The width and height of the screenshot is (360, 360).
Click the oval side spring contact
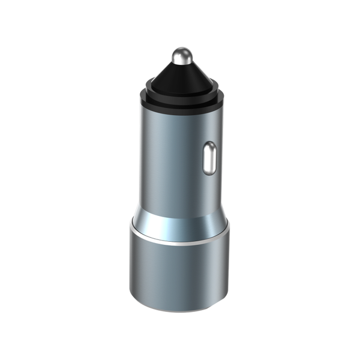click(210, 158)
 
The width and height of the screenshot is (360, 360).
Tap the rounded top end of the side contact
click(210, 145)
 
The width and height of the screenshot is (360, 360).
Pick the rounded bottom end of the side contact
click(210, 170)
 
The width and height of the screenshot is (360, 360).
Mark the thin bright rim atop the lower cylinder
click(178, 242)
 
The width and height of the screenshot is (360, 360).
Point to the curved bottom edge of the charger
click(178, 310)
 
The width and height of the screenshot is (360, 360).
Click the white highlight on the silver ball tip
click(178, 54)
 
